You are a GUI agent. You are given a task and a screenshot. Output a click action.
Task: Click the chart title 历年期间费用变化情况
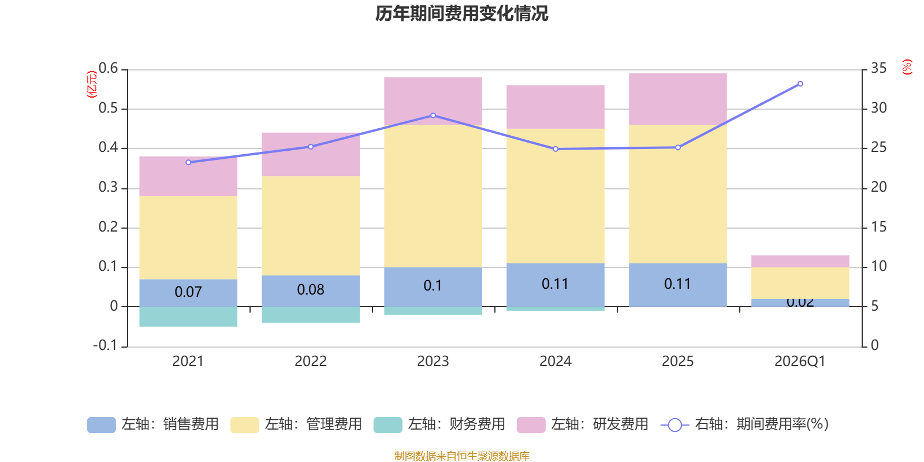pyautogui.click(x=461, y=13)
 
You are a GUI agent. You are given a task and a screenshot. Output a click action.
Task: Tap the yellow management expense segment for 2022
pyautogui.click(x=311, y=225)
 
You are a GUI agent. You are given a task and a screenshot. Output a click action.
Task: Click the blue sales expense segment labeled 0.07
pyautogui.click(x=188, y=292)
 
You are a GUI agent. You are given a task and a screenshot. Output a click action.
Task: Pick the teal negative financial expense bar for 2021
pyautogui.click(x=188, y=316)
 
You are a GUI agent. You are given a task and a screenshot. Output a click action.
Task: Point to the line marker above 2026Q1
pyautogui.click(x=800, y=84)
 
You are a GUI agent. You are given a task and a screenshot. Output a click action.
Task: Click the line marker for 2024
pyautogui.click(x=556, y=149)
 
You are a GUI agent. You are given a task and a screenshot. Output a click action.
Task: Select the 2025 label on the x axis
pyautogui.click(x=677, y=362)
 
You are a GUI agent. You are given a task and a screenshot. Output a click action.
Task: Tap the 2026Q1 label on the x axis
pyautogui.click(x=800, y=362)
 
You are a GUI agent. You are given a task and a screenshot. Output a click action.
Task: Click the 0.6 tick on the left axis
pyautogui.click(x=108, y=69)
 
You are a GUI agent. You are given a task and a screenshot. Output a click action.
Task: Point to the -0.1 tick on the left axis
pyautogui.click(x=105, y=345)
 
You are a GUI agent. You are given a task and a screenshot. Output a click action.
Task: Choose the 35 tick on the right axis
pyautogui.click(x=879, y=69)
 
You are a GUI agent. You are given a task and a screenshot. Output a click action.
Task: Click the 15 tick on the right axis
pyautogui.click(x=879, y=227)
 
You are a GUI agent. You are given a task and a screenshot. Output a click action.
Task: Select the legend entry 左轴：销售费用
pyautogui.click(x=153, y=424)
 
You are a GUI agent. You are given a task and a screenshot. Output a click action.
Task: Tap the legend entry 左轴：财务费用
pyautogui.click(x=439, y=424)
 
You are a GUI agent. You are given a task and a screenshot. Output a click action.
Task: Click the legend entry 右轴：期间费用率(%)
pyautogui.click(x=745, y=424)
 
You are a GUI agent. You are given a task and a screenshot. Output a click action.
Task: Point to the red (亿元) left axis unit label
pyautogui.click(x=92, y=84)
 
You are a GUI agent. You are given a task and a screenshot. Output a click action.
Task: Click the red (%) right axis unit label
pyautogui.click(x=907, y=67)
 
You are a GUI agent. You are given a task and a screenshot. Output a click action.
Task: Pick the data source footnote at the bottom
pyautogui.click(x=461, y=456)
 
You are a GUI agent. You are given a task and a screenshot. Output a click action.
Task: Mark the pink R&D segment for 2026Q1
pyautogui.click(x=800, y=261)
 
